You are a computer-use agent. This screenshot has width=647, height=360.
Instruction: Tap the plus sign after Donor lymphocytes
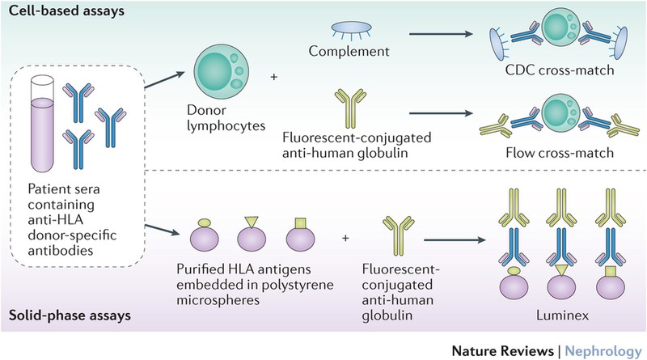[273, 77]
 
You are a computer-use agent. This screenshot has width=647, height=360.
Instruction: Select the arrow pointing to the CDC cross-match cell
[444, 56]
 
